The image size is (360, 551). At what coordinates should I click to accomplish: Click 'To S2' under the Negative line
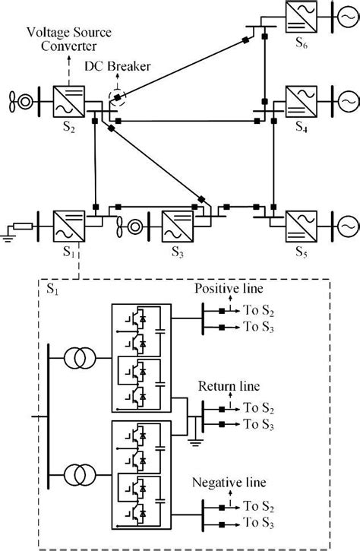257,505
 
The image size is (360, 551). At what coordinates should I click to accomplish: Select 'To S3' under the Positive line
257,327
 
